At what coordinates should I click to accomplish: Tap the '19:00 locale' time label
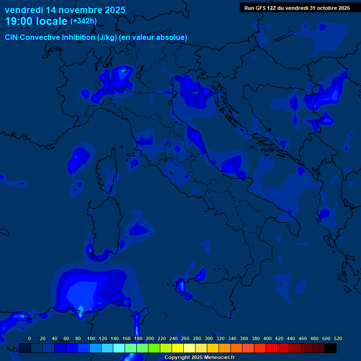tap(36, 22)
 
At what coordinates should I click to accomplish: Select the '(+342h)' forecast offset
tap(84, 21)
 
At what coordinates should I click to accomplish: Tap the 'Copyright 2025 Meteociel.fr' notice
tap(199, 358)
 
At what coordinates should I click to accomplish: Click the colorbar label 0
tap(30, 338)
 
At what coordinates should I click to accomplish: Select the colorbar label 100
tap(91, 338)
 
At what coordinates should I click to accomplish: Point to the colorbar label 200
tap(150, 338)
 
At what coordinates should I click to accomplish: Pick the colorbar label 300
tap(209, 338)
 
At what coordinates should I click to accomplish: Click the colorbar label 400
tap(267, 338)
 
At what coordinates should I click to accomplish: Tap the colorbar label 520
tap(338, 338)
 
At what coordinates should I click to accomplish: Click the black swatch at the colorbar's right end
tap(330, 348)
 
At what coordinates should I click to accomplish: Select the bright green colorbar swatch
tap(154, 348)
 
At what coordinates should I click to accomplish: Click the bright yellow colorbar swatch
tap(178, 348)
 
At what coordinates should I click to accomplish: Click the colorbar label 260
tap(185, 338)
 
